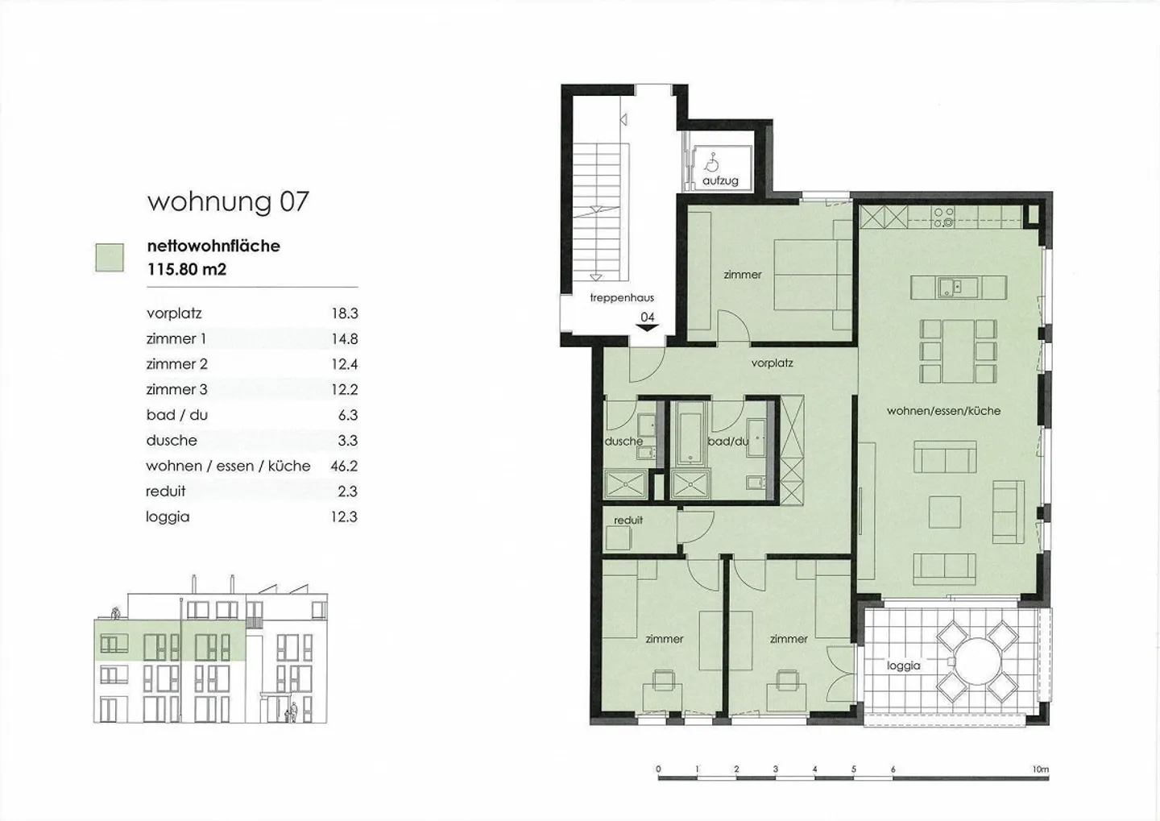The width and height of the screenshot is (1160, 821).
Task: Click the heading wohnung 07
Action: (228, 201)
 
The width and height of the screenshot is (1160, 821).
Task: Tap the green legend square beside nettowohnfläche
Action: (110, 258)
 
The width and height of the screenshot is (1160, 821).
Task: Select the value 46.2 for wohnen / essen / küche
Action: (344, 466)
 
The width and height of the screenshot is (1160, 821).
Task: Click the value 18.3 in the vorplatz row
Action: (344, 313)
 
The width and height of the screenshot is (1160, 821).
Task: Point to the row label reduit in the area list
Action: (166, 491)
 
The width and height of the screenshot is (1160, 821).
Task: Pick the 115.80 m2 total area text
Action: (186, 269)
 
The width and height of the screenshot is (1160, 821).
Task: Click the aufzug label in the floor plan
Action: (720, 180)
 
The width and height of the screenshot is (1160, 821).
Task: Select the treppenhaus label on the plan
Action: (622, 298)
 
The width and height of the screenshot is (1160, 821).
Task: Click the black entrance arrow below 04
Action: (648, 327)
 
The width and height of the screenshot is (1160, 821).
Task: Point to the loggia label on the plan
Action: (903, 666)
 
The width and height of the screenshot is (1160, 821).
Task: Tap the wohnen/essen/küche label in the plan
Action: (943, 411)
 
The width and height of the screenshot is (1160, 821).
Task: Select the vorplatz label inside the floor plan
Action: (772, 363)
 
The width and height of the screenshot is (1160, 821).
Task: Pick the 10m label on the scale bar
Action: (1040, 769)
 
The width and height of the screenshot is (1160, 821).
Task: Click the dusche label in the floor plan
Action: (623, 442)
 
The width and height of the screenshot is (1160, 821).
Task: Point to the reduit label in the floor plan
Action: (628, 520)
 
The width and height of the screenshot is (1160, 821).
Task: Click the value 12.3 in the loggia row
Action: (344, 516)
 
